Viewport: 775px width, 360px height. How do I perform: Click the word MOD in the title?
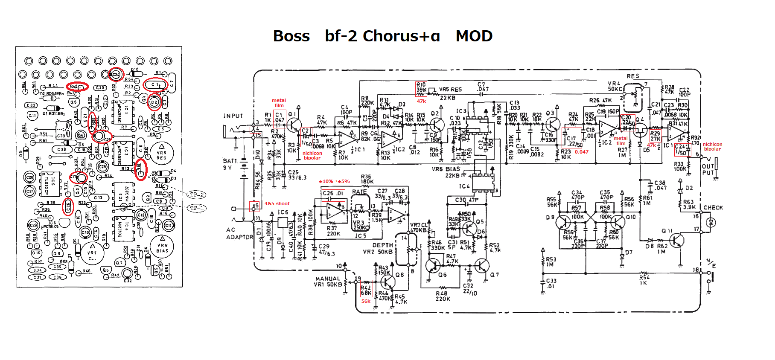(474, 36)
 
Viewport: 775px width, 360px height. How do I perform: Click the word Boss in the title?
(291, 36)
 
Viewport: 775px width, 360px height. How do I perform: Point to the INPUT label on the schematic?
(233, 116)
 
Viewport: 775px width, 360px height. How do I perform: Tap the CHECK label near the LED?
(713, 208)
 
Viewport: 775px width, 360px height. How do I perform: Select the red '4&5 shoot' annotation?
(277, 204)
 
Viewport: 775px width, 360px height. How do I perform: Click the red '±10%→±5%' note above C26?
(335, 182)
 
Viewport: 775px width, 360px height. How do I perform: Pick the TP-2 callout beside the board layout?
(197, 195)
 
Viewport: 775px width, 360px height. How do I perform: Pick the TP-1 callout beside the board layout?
(197, 208)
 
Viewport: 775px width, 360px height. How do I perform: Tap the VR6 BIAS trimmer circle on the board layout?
(162, 247)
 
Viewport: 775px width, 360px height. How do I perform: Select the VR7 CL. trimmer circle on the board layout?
(92, 254)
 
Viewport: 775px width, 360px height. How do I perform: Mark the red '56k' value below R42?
(366, 301)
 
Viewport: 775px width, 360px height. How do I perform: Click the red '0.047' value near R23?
(581, 152)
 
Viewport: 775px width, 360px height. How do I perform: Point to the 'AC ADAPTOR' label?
(239, 233)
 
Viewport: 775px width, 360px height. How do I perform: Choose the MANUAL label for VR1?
(328, 279)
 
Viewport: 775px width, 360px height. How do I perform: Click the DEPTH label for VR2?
(382, 245)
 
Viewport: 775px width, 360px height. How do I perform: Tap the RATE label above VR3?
(359, 192)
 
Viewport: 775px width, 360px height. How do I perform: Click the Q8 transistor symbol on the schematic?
(388, 282)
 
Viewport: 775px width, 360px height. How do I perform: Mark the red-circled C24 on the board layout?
(116, 75)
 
